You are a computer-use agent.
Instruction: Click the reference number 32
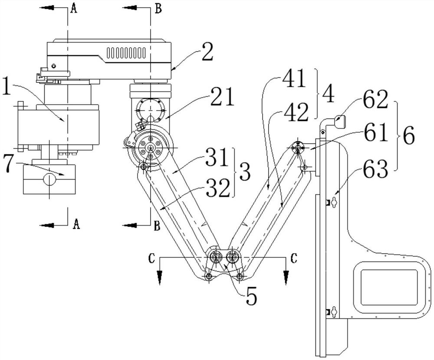[x=218, y=188]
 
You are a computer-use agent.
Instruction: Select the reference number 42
[x=295, y=112]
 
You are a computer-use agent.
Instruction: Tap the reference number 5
[x=251, y=295]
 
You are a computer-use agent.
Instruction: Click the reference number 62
[x=375, y=100]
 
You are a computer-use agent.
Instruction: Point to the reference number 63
[x=375, y=169]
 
